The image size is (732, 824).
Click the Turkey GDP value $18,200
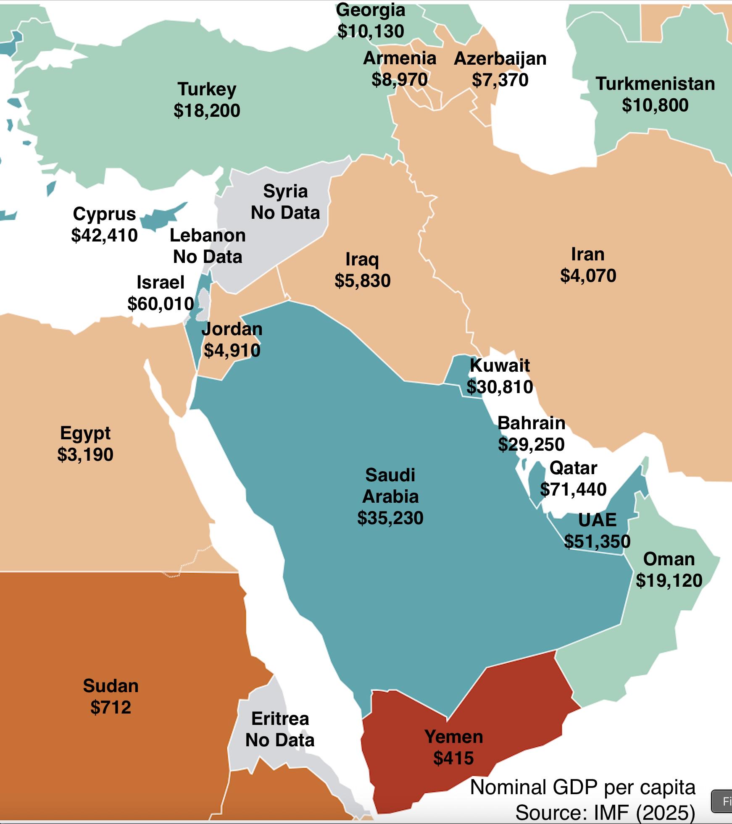[207, 111]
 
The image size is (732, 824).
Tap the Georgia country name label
[371, 10]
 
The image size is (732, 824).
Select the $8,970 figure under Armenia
[400, 80]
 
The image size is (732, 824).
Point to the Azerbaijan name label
[500, 59]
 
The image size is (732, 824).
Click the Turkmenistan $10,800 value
[655, 105]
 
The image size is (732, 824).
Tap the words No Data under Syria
[285, 213]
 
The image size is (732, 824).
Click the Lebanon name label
[208, 236]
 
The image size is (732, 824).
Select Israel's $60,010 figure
[161, 304]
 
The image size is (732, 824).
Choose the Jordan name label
[232, 329]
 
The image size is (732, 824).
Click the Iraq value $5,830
[362, 281]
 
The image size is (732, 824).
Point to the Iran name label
[588, 255]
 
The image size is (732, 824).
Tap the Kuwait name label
[500, 365]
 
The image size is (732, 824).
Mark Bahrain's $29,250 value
[531, 444]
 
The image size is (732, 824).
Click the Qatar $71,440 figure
[573, 489]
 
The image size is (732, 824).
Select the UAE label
[597, 520]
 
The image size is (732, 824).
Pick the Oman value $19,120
[669, 580]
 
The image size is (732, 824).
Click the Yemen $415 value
[453, 758]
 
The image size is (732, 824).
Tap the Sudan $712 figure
[111, 708]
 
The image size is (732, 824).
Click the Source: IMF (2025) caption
[605, 813]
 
